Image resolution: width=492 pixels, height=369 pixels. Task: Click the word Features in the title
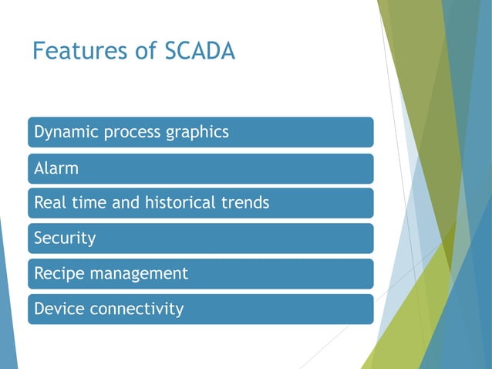[76, 52]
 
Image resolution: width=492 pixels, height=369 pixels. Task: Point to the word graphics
[197, 132]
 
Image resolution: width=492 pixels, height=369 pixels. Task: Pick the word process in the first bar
[131, 132]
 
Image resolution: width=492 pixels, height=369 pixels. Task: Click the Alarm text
[56, 168]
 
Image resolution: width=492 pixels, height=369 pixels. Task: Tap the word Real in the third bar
[49, 203]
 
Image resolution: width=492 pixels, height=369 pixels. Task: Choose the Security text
[65, 239]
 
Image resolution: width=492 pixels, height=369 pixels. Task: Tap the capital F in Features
[39, 52]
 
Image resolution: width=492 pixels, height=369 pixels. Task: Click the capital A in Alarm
[39, 168]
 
